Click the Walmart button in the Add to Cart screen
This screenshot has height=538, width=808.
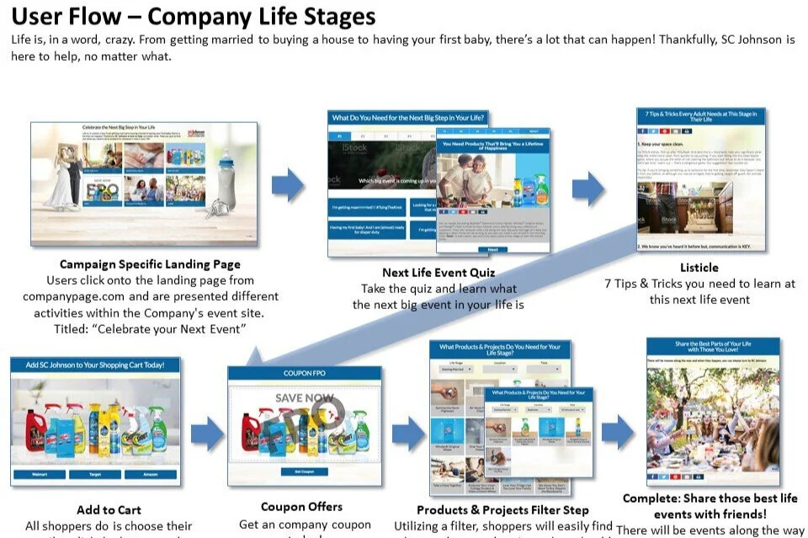tap(38, 474)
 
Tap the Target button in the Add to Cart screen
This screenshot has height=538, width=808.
tap(94, 474)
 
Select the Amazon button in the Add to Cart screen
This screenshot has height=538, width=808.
tap(151, 474)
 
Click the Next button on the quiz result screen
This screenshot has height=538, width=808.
tap(493, 249)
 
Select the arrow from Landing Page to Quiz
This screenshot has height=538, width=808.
tap(288, 184)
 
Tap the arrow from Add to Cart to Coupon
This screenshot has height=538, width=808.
tap(206, 434)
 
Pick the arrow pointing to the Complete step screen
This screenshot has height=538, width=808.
tap(618, 432)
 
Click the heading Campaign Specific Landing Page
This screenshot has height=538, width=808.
tap(150, 264)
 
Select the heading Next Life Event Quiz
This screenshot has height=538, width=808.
tap(438, 272)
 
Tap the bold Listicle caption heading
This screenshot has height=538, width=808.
tap(699, 268)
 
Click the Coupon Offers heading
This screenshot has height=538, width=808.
tap(301, 506)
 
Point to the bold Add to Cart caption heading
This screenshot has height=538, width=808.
tap(109, 509)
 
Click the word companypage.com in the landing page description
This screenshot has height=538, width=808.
tap(74, 296)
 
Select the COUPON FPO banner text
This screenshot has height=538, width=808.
tap(304, 373)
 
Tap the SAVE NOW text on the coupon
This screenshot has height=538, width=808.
tap(304, 397)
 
